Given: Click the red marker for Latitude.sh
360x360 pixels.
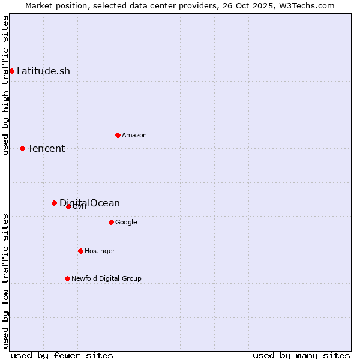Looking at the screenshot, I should [11, 71].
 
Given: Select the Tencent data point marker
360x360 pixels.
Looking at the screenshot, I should [22, 148].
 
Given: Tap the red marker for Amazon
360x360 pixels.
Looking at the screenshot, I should [118, 135].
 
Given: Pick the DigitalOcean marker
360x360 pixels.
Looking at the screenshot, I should [54, 203].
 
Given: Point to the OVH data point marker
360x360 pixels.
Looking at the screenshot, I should [68, 206].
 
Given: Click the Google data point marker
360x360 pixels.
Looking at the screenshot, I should [111, 222].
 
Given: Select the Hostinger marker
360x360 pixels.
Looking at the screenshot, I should [80, 251].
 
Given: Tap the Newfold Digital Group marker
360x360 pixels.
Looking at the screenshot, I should [67, 278].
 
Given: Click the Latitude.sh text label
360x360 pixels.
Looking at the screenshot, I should [43, 71].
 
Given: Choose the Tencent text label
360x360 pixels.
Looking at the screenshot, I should [46, 148].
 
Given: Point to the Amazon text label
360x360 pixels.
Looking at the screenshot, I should [134, 135].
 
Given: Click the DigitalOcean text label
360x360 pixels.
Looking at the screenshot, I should [89, 203].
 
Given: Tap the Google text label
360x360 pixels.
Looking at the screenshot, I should [126, 222].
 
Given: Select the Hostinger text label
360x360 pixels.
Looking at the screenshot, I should [100, 251].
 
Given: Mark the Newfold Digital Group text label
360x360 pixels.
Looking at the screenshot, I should [106, 278].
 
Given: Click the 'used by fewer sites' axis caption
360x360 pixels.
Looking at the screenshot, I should [62, 355].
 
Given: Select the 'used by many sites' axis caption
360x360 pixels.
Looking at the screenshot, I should [301, 355].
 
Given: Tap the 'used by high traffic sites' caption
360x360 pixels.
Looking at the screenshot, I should [5, 85].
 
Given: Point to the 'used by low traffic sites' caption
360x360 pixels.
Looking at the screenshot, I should [5, 281].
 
